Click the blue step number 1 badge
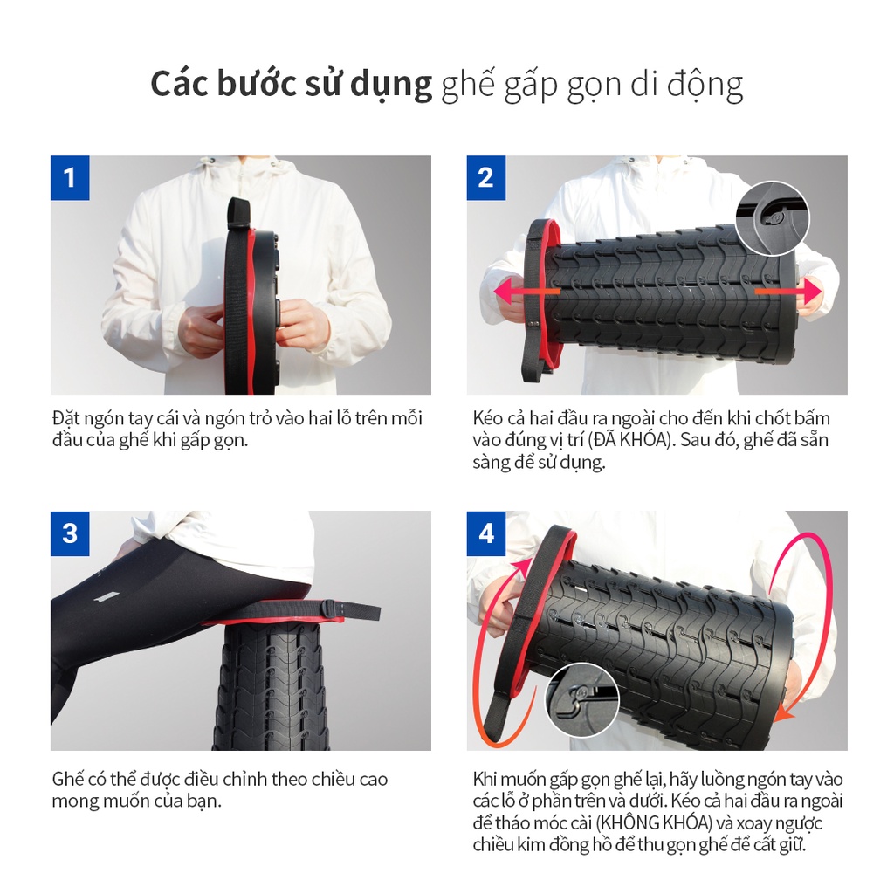pos(70,177)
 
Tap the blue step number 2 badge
pos(485,177)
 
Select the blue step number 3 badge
pos(70,533)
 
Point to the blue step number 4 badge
pos(485,533)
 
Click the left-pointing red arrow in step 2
pos(526,292)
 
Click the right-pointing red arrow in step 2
pos(788,292)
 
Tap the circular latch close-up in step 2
pos(773,218)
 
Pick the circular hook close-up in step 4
pos(582,701)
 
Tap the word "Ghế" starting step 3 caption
pos(68,780)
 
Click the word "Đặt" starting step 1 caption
pos(65,418)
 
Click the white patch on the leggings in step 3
pos(106,597)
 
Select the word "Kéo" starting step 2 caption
pos(487,418)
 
